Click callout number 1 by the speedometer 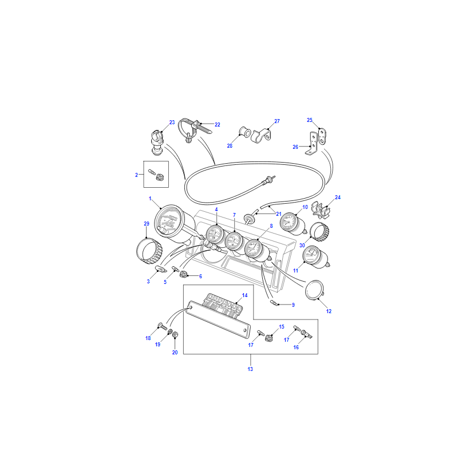coord(150,199)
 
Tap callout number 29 coord(147,223)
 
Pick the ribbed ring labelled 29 coord(149,251)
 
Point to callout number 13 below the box coord(250,369)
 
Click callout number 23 coord(172,123)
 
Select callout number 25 coord(310,120)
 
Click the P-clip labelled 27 coord(261,136)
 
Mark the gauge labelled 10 coord(293,224)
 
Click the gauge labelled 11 coord(316,257)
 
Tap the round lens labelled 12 coord(314,290)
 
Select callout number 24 coord(338,198)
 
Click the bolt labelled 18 coord(162,326)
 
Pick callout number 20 coord(175,353)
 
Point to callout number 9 coord(293,305)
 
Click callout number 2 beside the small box coord(136,175)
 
